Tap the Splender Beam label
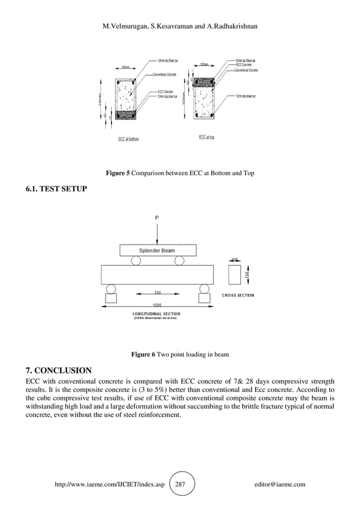coord(157,250)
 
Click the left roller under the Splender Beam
coord(135,260)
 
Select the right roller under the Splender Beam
coord(179,260)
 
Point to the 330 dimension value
coord(157,293)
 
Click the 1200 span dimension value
coord(157,304)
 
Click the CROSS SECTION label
coord(238,295)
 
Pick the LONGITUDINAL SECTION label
coord(156,313)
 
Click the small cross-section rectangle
coord(235,275)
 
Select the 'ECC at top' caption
coord(206,137)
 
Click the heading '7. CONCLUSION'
coord(59,370)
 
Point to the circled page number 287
coord(181,484)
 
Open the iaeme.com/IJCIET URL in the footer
coord(108,484)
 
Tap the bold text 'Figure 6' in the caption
coord(143,355)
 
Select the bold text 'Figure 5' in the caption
coord(118,173)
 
